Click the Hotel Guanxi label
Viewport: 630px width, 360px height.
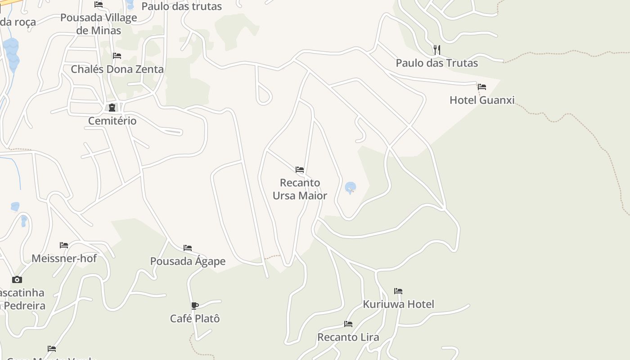point(482,100)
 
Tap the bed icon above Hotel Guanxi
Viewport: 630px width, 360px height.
point(482,87)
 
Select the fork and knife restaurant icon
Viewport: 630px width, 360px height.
point(436,49)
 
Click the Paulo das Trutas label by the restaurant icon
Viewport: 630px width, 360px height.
point(436,63)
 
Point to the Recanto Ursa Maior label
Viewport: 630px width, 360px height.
point(300,189)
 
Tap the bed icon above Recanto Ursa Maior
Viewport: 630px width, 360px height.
point(300,170)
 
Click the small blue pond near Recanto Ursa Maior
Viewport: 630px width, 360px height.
point(350,187)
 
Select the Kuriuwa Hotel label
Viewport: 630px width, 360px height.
point(398,304)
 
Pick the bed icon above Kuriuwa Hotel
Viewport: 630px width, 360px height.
point(398,291)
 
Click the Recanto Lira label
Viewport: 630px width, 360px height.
point(348,337)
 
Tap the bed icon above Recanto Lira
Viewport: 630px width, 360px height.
point(348,324)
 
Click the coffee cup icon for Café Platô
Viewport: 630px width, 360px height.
point(195,306)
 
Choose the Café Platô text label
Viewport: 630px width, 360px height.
point(195,319)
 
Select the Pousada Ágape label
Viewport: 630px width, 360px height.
point(188,261)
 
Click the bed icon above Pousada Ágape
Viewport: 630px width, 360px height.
point(188,248)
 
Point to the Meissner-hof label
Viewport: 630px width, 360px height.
point(64,258)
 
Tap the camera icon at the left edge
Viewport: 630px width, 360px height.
point(17,279)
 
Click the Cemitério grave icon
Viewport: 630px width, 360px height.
point(112,108)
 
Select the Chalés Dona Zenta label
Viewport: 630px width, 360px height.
point(117,69)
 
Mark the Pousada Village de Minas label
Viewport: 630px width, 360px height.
point(99,24)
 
